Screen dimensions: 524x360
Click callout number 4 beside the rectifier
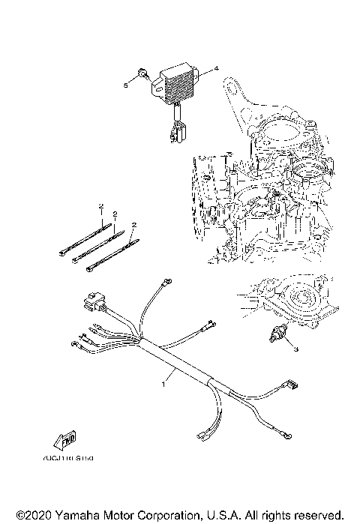[216, 69]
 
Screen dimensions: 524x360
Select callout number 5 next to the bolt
[125, 86]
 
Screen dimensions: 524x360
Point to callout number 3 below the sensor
[295, 349]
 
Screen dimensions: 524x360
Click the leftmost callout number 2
[99, 205]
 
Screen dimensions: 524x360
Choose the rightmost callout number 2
[133, 224]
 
